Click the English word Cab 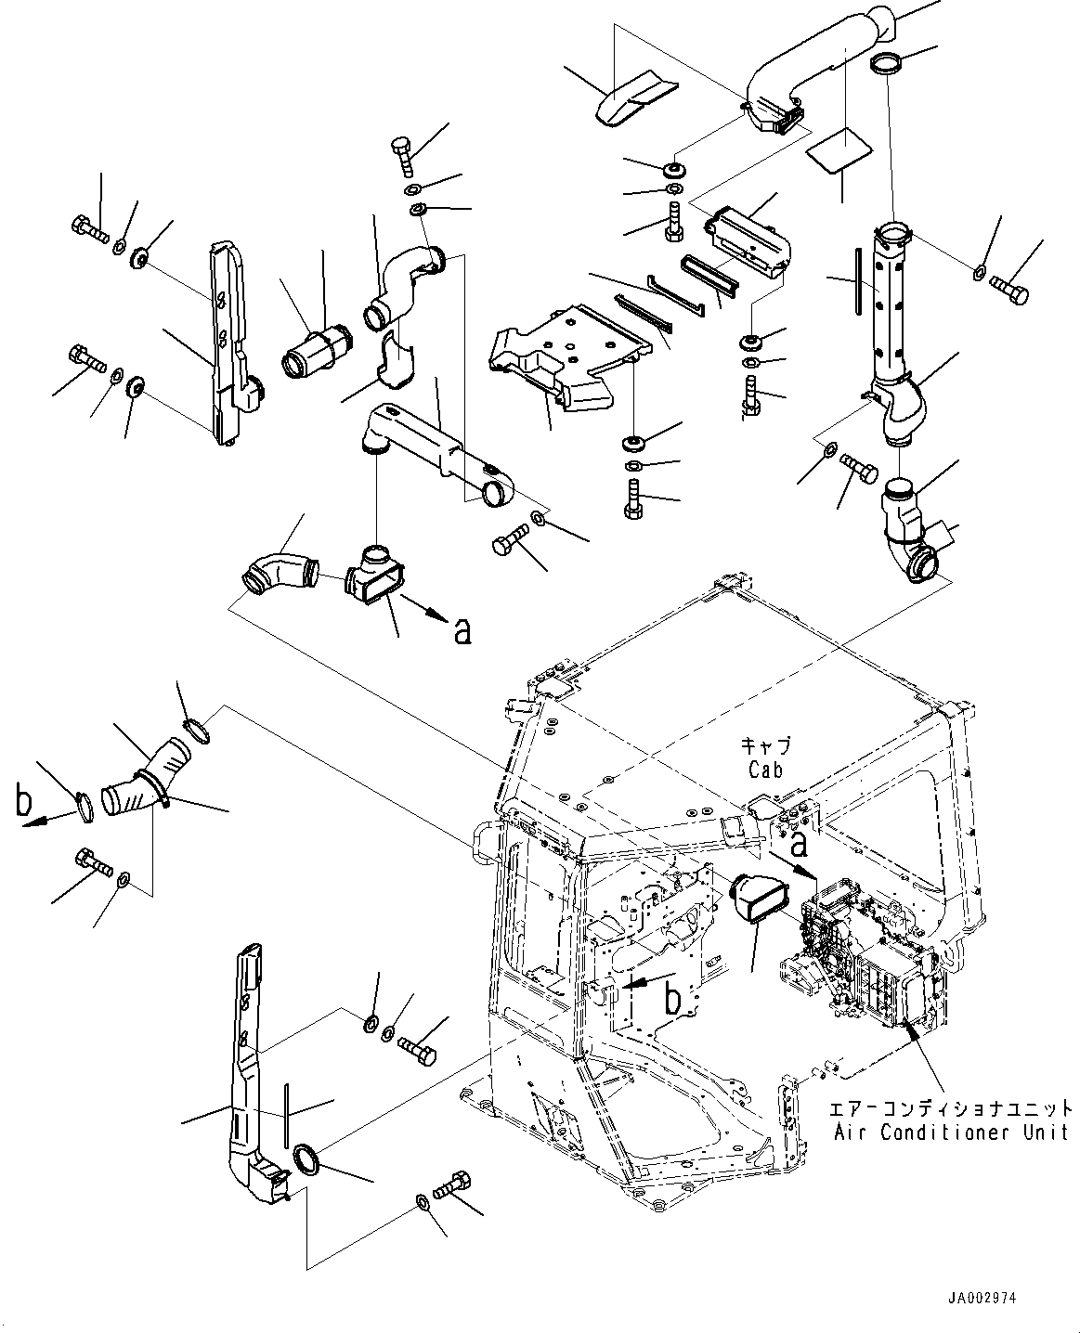pos(765,770)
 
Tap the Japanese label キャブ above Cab pos(765,745)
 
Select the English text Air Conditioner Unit pos(950,1132)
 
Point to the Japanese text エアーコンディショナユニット pos(952,1108)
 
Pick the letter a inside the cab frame pos(798,845)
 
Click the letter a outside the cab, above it pos(462,630)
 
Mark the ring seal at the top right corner pos(885,64)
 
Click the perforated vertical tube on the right pos(889,306)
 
